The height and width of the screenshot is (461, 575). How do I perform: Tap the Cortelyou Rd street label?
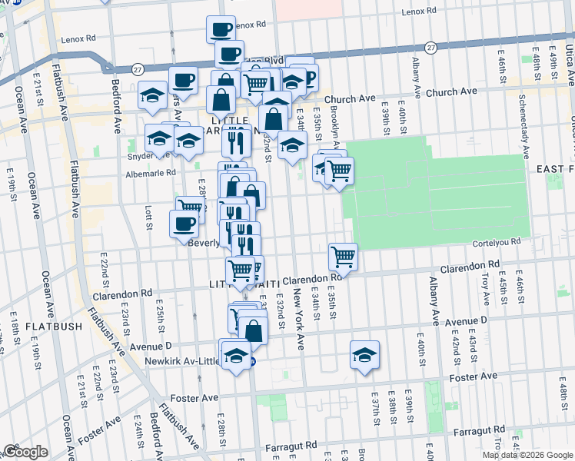point(504,240)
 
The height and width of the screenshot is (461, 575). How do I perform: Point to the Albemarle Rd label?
point(152,174)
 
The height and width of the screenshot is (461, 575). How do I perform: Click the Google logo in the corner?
point(25,452)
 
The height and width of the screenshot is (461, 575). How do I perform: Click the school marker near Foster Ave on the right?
point(364,355)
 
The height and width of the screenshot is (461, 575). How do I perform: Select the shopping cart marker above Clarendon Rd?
point(343,256)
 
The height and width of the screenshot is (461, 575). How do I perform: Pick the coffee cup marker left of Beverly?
point(184,224)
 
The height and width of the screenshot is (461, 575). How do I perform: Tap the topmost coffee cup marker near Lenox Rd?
point(221,29)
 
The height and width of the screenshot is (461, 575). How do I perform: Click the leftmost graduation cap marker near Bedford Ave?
point(152,95)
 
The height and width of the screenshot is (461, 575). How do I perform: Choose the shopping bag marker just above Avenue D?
point(253,330)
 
